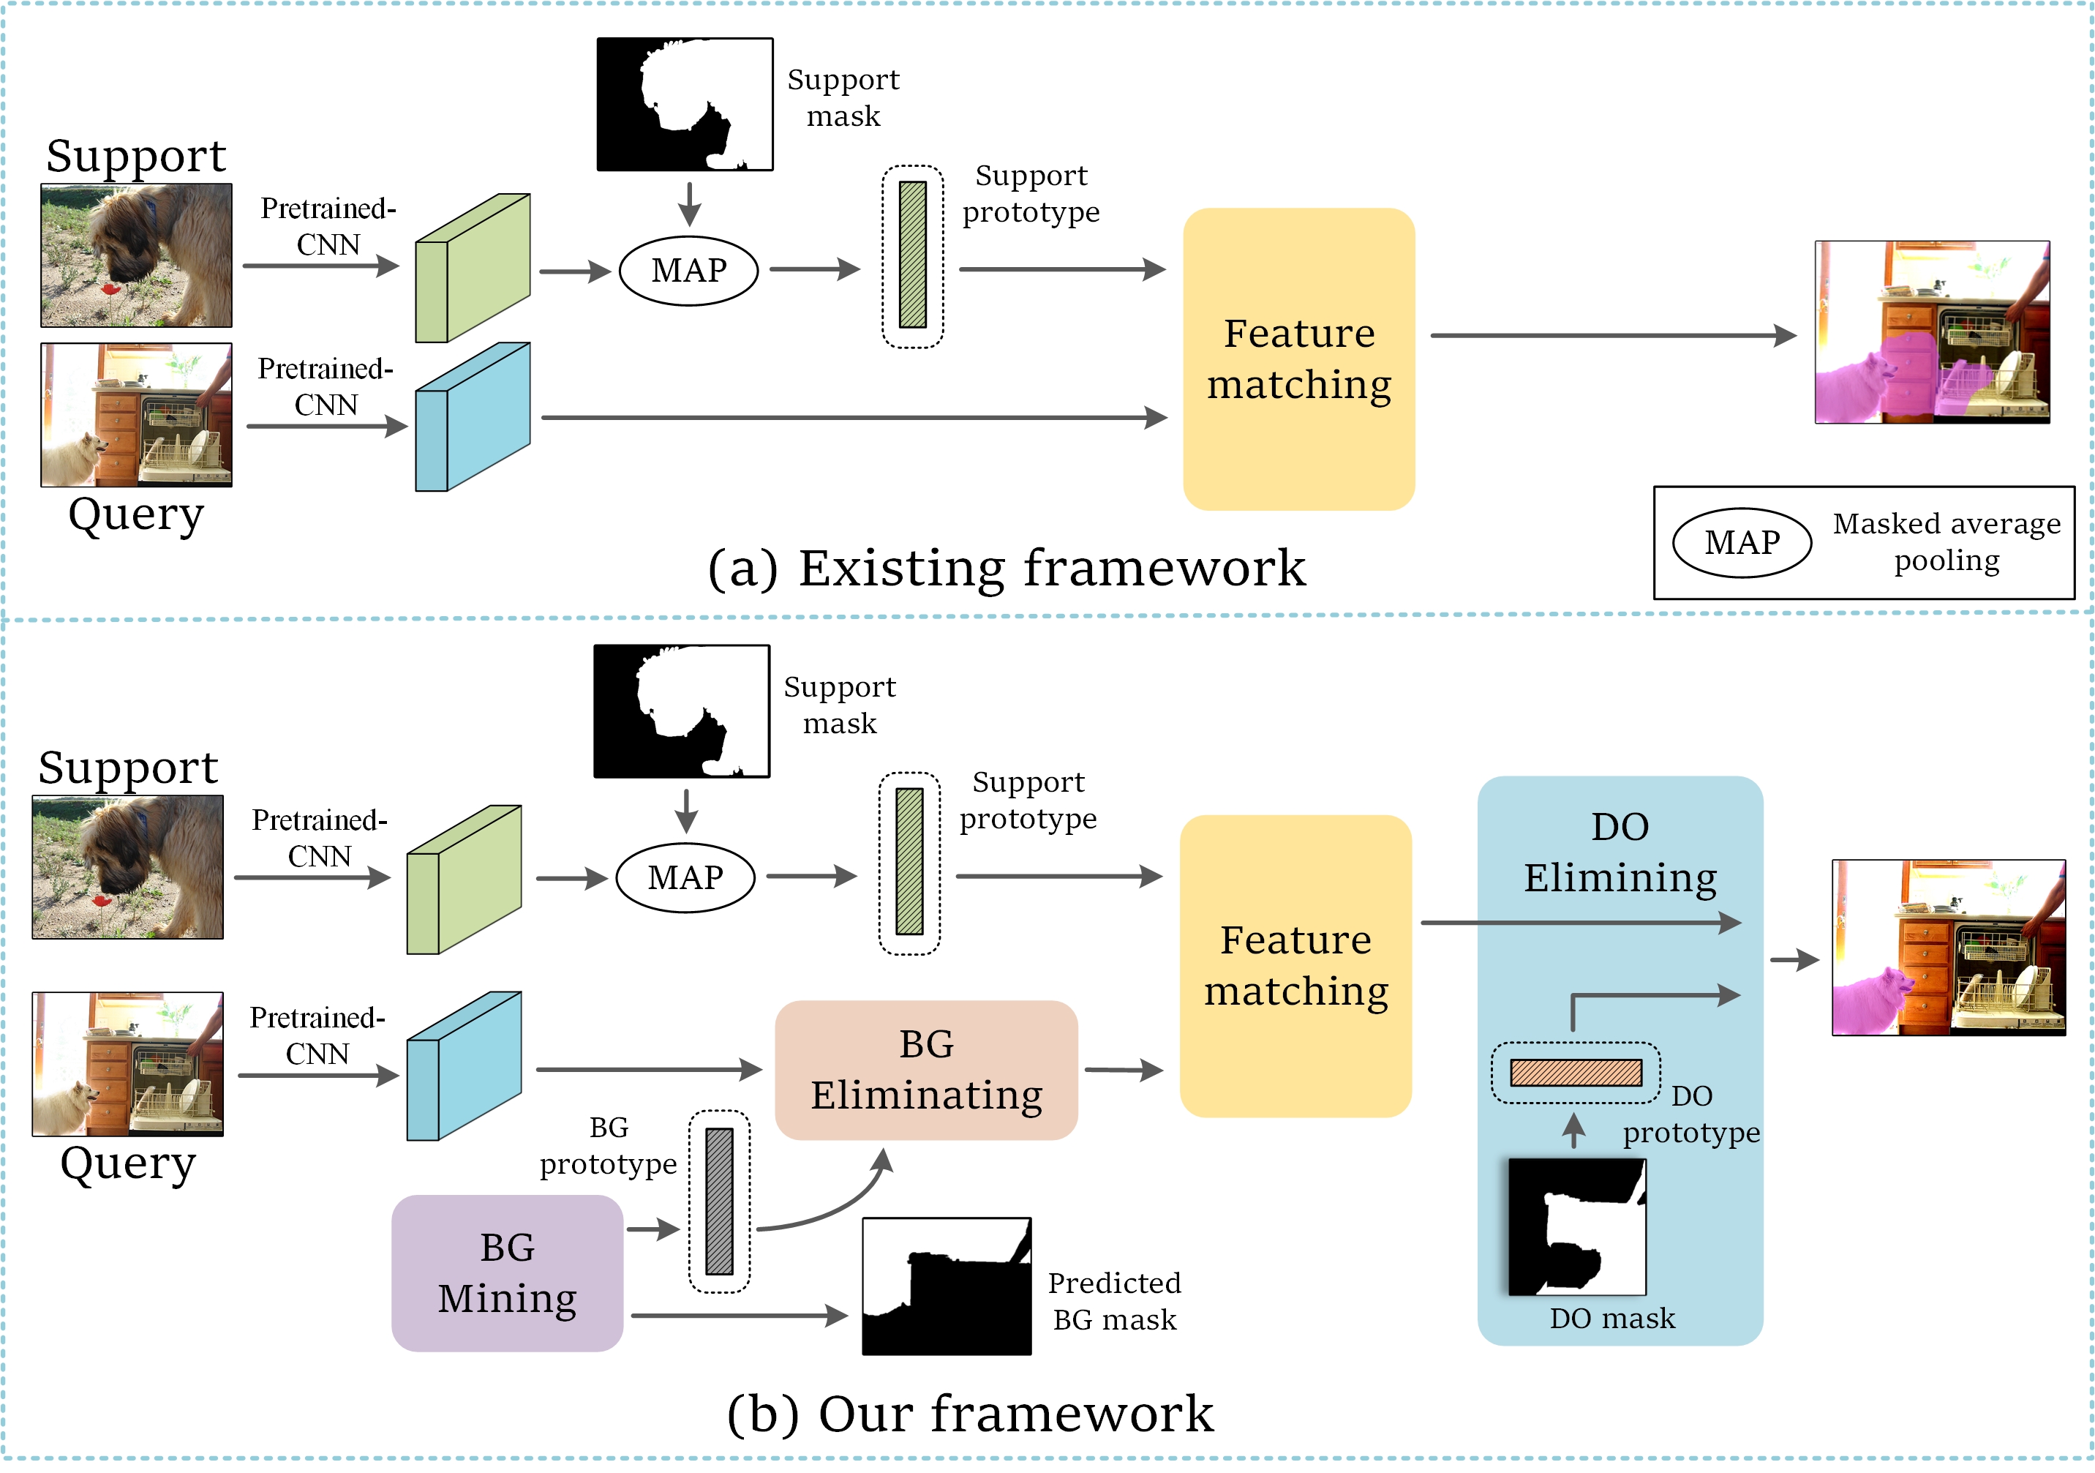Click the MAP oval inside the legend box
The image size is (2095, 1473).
(x=1741, y=543)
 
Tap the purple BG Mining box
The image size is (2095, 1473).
(x=508, y=1273)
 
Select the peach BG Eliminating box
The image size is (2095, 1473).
(x=926, y=1070)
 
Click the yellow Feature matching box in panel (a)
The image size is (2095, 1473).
(x=1298, y=359)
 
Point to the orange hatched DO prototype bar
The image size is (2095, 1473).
(x=1576, y=1072)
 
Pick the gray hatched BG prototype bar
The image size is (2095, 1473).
(x=719, y=1201)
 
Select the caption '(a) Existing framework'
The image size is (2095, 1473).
(x=1007, y=569)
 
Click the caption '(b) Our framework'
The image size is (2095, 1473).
(x=970, y=1414)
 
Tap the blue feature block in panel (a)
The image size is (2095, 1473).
(x=473, y=417)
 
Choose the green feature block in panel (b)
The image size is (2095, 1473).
(x=464, y=880)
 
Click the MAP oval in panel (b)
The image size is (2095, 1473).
(x=685, y=878)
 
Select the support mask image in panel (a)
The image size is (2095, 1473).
(x=685, y=104)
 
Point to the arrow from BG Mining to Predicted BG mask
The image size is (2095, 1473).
(x=739, y=1315)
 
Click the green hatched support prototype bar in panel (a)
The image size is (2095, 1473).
(x=912, y=255)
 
